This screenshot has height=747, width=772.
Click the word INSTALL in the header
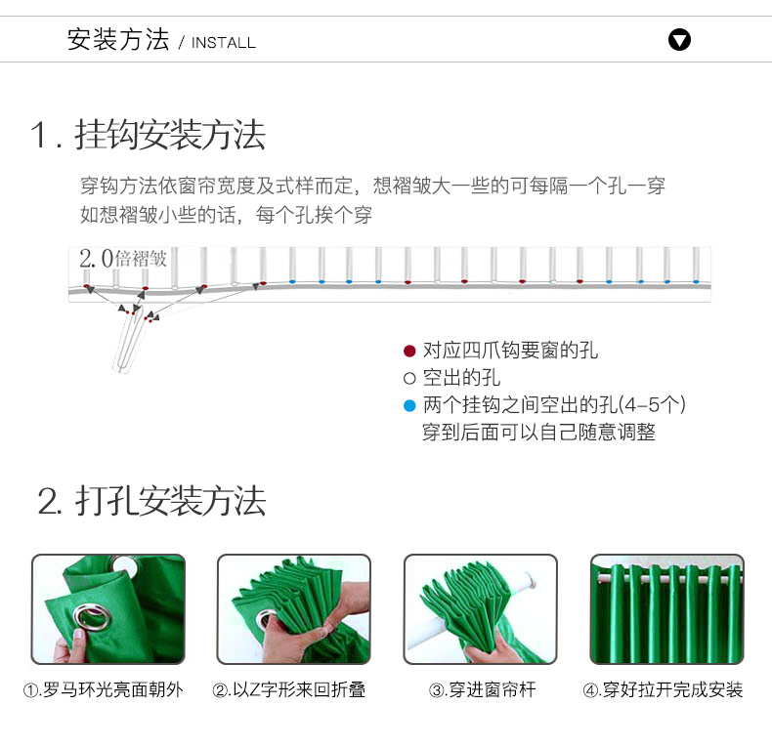[224, 43]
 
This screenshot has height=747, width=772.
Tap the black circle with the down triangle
[679, 40]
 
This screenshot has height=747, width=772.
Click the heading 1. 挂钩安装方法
[148, 135]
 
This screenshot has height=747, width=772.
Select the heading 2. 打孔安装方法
[151, 501]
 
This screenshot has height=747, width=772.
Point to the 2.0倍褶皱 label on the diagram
[123, 259]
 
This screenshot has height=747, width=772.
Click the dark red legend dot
[409, 351]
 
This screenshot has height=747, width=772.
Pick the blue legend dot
[409, 405]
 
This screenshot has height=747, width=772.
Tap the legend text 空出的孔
[461, 378]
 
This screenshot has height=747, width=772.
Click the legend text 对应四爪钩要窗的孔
[510, 351]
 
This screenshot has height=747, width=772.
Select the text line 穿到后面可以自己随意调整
[538, 432]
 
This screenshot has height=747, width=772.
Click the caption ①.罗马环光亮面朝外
[104, 690]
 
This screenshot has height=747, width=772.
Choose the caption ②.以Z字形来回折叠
[289, 690]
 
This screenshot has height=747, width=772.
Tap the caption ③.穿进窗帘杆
[483, 690]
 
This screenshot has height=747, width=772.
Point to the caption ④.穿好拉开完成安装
[663, 690]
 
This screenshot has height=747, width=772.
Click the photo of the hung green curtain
[667, 609]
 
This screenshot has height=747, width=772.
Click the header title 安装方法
[118, 39]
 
